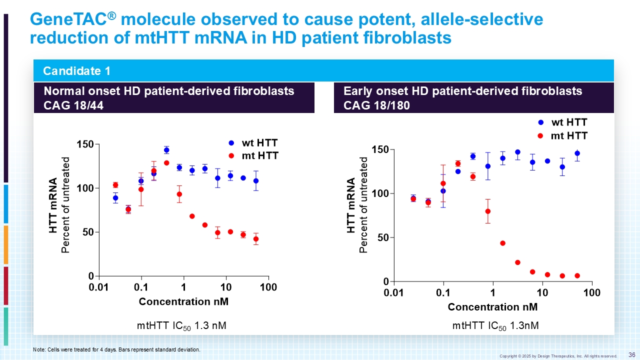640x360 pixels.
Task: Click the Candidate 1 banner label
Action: [76, 71]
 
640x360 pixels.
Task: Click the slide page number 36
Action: [631, 354]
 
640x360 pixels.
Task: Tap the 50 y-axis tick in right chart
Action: [383, 237]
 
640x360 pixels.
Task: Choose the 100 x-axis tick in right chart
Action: [592, 292]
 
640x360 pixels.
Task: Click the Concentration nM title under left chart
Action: [183, 301]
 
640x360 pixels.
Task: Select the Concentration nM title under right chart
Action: [492, 306]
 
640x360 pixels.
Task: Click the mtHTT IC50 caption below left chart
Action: [181, 326]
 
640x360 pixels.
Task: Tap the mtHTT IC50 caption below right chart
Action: [495, 326]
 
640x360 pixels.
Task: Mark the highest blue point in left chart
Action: [166, 150]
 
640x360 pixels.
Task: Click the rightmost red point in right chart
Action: [577, 275]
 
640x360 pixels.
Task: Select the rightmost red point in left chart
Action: [256, 239]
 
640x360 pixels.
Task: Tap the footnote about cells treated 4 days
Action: [116, 349]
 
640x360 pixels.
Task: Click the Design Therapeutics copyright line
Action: [558, 356]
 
